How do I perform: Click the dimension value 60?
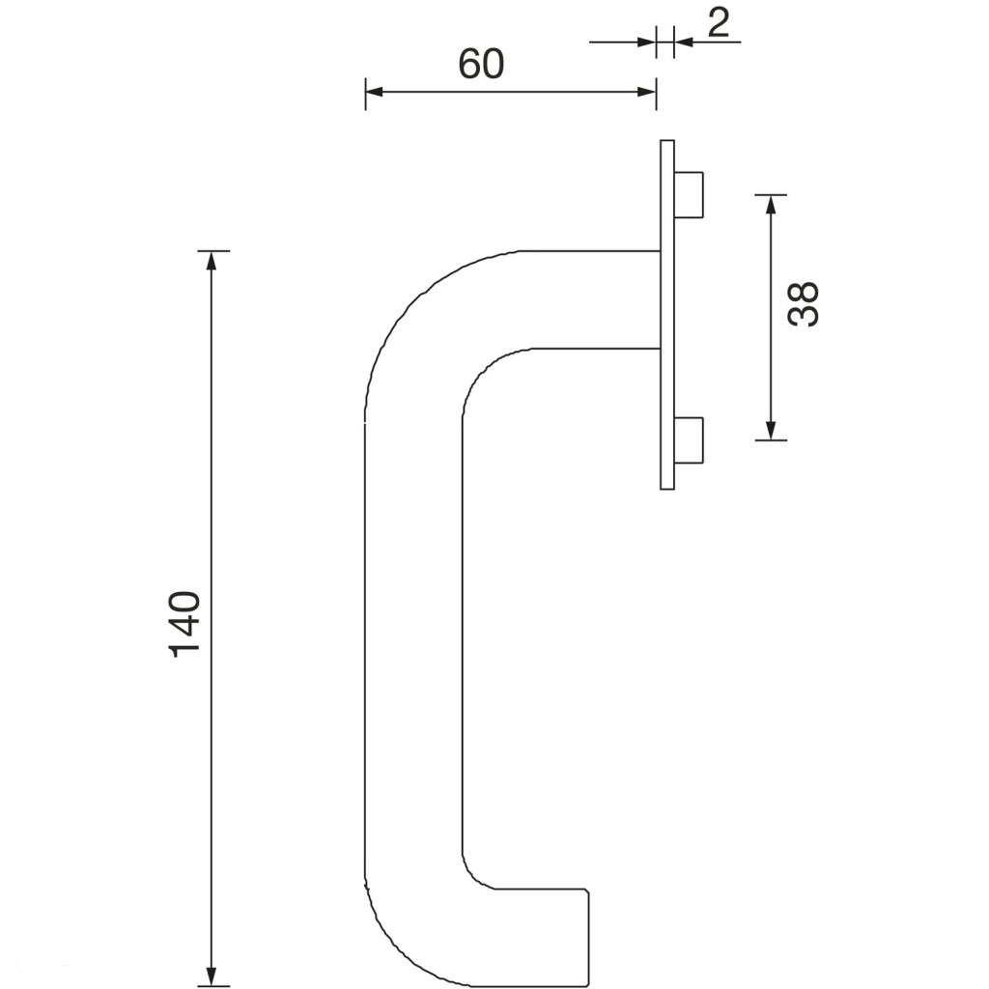coord(481,64)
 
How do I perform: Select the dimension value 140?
coord(184,625)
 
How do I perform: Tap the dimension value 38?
coord(804,303)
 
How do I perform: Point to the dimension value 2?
coord(719,23)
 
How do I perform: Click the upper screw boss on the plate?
coord(689,194)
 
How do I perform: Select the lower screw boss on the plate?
coord(689,439)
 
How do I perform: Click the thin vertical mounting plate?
coord(667,314)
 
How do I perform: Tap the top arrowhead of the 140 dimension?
coord(212,261)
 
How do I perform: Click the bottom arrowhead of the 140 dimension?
coord(212,975)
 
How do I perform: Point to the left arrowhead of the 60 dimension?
coord(375,92)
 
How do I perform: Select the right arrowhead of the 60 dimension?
coord(647,92)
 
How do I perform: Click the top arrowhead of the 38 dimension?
coord(770,205)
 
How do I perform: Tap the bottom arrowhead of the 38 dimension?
coord(770,430)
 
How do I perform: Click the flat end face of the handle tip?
coord(589,939)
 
